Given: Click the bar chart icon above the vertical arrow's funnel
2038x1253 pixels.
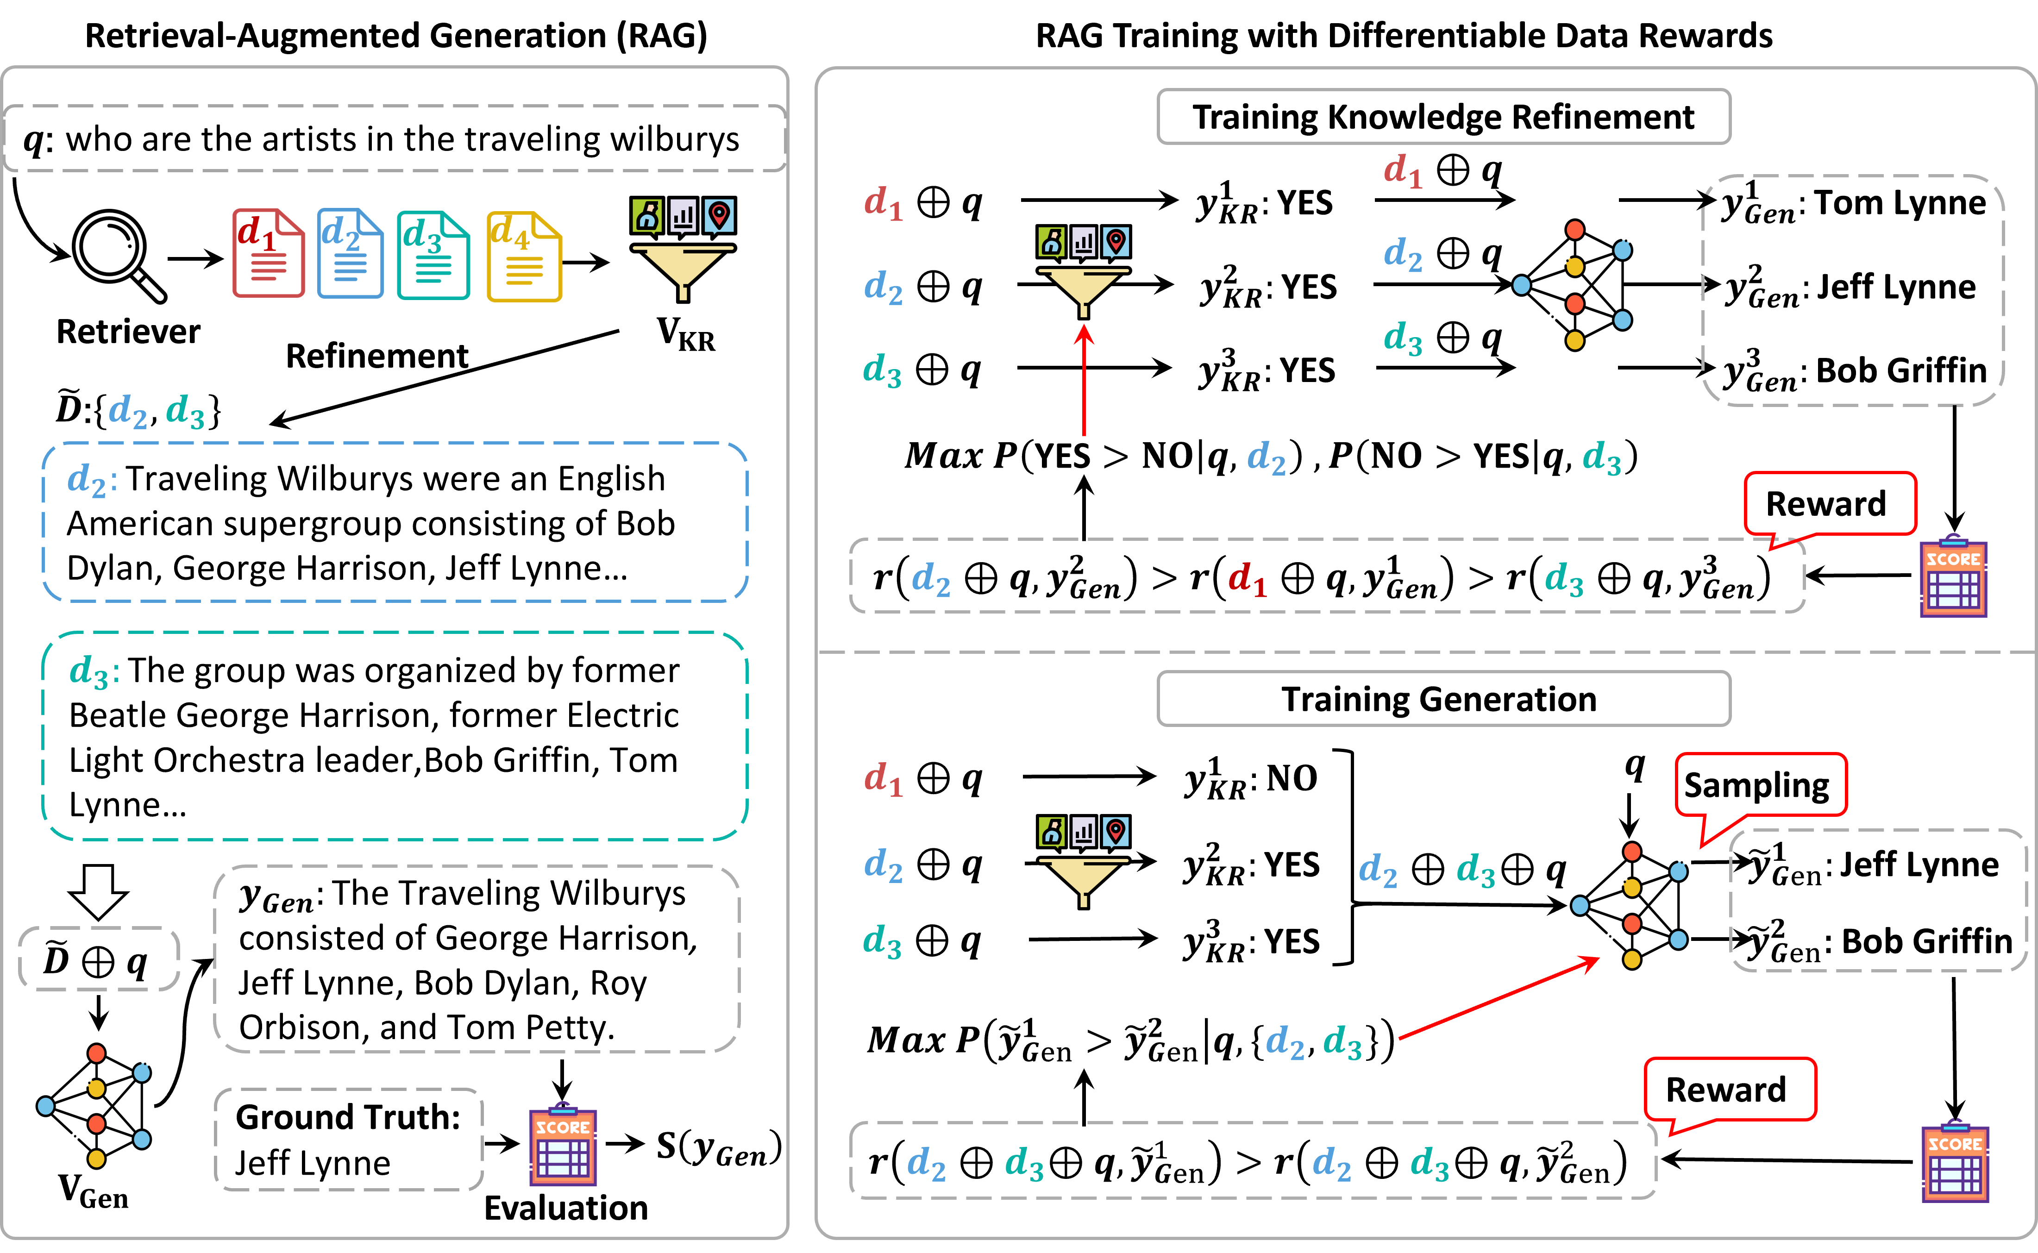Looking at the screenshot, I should (x=1083, y=242).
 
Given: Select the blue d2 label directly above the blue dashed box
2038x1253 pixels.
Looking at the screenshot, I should (x=128, y=411).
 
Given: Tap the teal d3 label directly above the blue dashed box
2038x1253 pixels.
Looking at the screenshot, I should (x=185, y=411).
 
